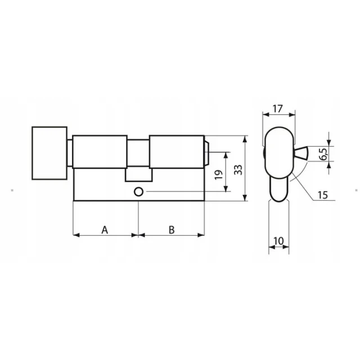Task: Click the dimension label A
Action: [x=105, y=229]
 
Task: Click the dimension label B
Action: [x=172, y=229]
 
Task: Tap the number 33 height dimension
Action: [x=238, y=170]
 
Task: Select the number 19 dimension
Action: [x=219, y=175]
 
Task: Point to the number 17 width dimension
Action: [x=277, y=109]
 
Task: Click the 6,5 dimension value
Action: [x=324, y=154]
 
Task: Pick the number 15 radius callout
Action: [x=322, y=195]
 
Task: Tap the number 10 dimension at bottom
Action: [x=279, y=241]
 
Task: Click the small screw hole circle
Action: [x=138, y=192]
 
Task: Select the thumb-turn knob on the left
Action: [x=49, y=153]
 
